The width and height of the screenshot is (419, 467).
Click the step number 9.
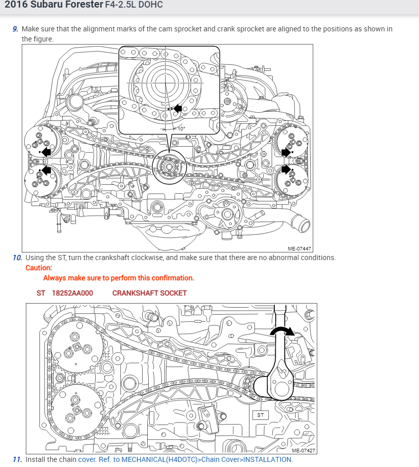tap(15, 29)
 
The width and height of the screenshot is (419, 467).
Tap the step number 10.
tap(17, 258)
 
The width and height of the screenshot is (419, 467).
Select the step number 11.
tap(17, 459)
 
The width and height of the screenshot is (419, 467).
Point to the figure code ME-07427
tap(303, 450)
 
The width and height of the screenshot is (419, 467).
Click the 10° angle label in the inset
tap(181, 129)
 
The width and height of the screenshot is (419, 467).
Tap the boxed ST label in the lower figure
tap(261, 415)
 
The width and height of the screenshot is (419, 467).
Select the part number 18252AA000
tap(72, 293)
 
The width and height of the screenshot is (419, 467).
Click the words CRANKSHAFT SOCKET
tap(149, 293)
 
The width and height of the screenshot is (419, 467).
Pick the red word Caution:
tap(39, 268)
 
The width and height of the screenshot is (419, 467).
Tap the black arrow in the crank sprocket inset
tap(177, 108)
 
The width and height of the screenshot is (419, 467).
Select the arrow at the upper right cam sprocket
tap(286, 151)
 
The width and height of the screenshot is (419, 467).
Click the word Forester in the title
tap(73, 7)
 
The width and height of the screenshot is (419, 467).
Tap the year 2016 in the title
tap(17, 7)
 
